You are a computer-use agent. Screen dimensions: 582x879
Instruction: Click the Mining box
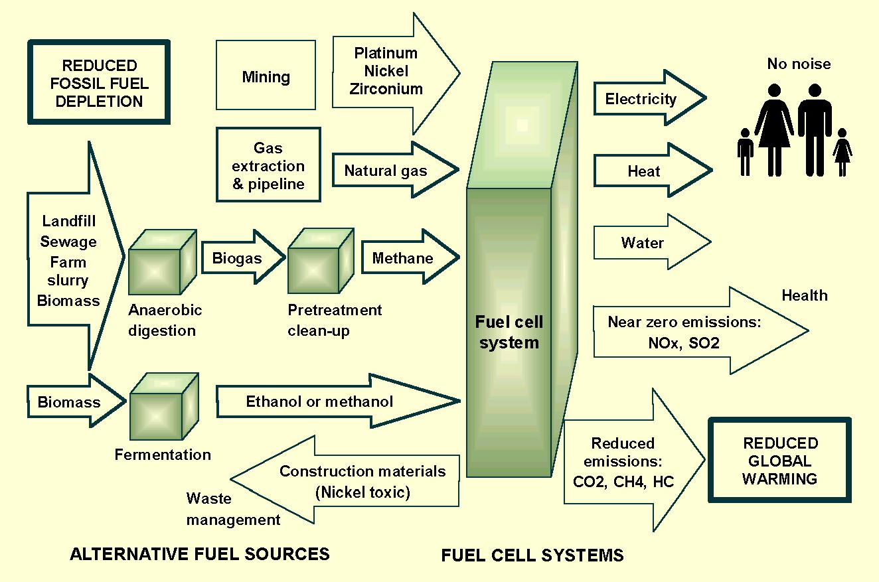click(266, 77)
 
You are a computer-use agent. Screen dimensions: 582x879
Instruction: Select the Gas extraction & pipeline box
click(268, 165)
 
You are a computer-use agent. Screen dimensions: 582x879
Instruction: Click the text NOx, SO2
click(683, 343)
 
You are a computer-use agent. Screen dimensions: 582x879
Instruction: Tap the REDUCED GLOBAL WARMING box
click(780, 461)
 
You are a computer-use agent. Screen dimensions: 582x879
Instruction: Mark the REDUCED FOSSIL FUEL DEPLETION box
click(100, 83)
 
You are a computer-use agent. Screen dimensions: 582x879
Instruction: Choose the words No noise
click(799, 64)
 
